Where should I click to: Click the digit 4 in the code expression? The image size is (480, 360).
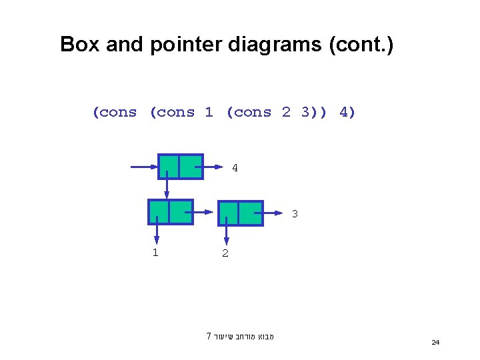tap(347, 112)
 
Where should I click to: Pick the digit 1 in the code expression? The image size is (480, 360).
tap(209, 112)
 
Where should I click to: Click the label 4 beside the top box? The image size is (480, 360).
tap(235, 168)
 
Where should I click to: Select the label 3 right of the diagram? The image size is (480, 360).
tap(294, 214)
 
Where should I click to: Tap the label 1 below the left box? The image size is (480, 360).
tap(155, 252)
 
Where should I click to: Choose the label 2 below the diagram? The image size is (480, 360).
tap(225, 253)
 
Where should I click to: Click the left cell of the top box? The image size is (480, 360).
tap(169, 167)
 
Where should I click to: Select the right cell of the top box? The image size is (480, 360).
tap(191, 167)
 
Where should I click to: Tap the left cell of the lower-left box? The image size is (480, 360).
tap(159, 212)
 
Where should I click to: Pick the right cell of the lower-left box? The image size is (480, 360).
tap(181, 212)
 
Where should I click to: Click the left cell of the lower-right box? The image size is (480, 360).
tap(229, 213)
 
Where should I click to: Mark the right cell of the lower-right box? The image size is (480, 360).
tap(251, 213)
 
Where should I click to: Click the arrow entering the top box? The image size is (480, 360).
tap(143, 167)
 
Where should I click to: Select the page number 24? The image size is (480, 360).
tap(435, 342)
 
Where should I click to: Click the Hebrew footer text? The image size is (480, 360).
tap(241, 336)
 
